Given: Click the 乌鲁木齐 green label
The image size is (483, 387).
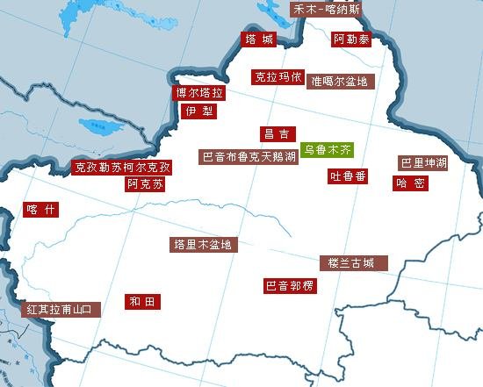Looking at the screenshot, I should [326, 150].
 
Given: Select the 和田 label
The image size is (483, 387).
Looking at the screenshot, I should [142, 302].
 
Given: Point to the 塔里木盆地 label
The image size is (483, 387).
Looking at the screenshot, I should [203, 245].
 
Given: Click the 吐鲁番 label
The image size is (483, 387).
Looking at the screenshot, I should [349, 176].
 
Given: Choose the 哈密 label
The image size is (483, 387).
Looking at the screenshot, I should [411, 183].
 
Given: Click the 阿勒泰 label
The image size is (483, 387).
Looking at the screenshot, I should [351, 39].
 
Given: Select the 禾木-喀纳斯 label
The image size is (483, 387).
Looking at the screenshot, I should [326, 10].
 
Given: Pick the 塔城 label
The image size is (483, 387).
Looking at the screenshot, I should [259, 39].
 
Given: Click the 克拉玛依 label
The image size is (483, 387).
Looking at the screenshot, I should [278, 76].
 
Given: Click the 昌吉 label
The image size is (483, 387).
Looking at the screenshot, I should [277, 134].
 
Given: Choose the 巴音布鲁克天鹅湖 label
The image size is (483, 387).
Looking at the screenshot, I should [249, 157].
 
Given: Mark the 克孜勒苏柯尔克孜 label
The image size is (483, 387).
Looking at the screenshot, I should [122, 167].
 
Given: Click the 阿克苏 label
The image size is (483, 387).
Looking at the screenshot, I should [145, 184].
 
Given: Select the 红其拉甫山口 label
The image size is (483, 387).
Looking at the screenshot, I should [61, 310].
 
